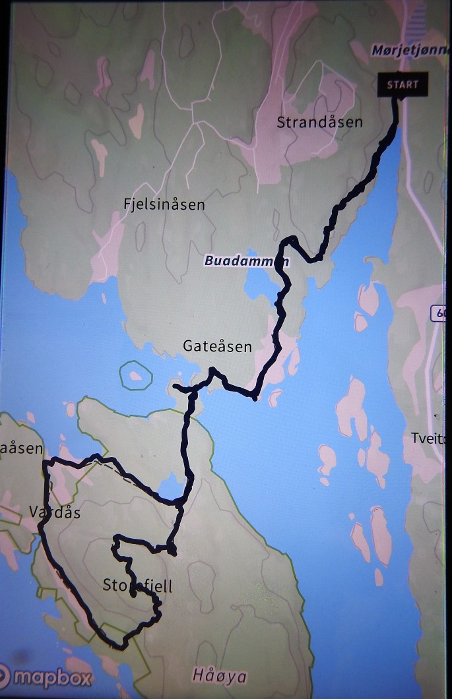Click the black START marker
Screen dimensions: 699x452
[x=403, y=85]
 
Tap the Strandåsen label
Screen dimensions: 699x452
[x=319, y=123]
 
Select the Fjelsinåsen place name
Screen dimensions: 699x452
[x=164, y=204]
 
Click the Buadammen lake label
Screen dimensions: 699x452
[x=245, y=261]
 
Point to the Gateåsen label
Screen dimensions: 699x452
[x=217, y=346]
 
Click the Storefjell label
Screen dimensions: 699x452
[x=137, y=585]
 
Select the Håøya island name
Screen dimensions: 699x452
[x=220, y=676]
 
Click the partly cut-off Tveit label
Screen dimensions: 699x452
[x=428, y=439]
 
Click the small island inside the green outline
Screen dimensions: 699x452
[x=136, y=376]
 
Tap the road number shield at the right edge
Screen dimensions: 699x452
[x=440, y=315]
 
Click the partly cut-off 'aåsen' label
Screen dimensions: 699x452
[x=22, y=449]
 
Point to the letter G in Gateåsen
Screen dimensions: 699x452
[x=187, y=346]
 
